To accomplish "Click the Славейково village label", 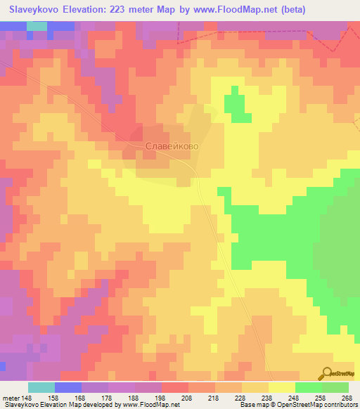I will (x=172, y=146).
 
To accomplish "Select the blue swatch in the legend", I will (x=68, y=387).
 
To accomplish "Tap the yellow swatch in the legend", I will (x=281, y=387).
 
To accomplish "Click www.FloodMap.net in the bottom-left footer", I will (x=150, y=405).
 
